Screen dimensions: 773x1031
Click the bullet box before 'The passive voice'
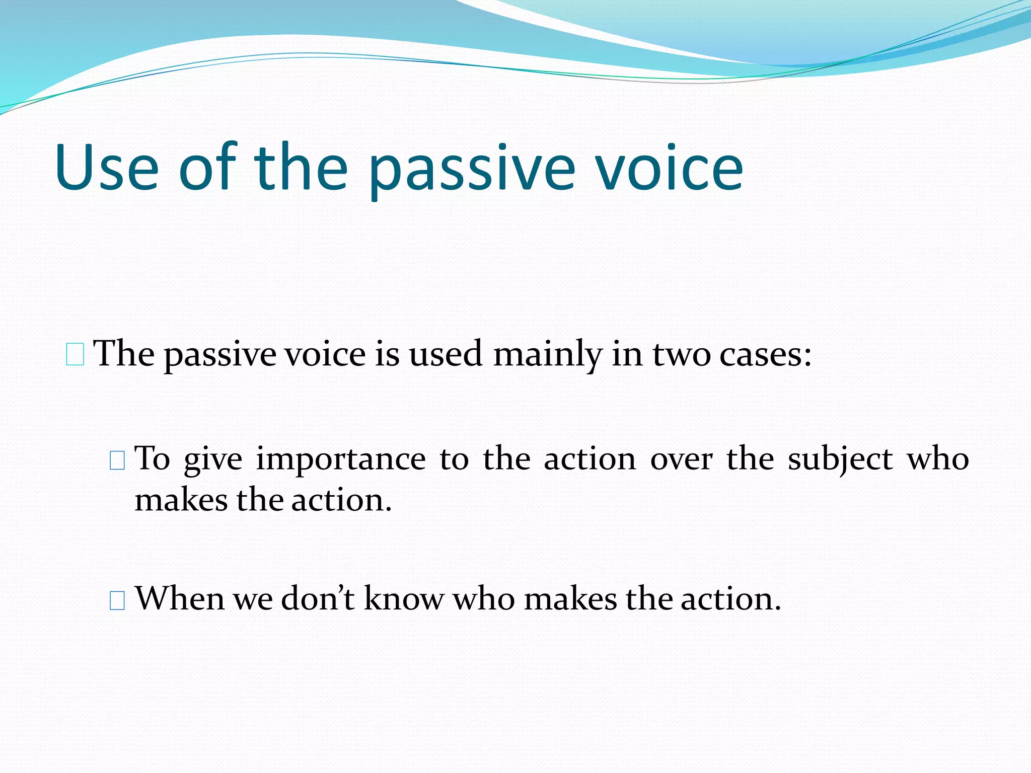[75, 355]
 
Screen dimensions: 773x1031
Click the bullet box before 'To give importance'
[117, 460]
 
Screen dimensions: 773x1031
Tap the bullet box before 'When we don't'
[117, 600]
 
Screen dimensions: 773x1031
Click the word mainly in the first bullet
[547, 354]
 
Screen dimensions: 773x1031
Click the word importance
[341, 459]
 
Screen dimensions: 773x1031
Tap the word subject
[840, 459]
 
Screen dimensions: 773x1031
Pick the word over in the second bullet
[681, 459]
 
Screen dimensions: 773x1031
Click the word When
[180, 599]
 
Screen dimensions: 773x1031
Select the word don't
[318, 599]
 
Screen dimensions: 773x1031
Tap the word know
[404, 599]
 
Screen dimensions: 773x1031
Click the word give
[213, 459]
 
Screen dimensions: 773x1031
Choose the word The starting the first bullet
[124, 354]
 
